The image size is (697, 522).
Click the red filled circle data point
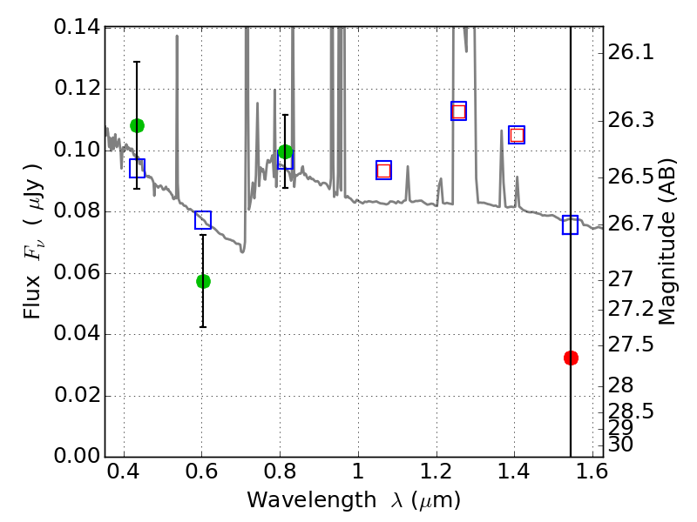click(571, 358)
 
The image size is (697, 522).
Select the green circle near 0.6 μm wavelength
click(203, 281)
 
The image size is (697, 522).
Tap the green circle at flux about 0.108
click(137, 126)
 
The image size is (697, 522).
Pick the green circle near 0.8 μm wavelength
click(285, 151)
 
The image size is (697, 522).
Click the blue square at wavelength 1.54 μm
click(570, 224)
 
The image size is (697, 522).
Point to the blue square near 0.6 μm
click(203, 220)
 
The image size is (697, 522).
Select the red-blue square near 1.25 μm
click(459, 111)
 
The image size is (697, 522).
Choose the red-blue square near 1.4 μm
click(517, 135)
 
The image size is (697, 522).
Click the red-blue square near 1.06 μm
click(383, 171)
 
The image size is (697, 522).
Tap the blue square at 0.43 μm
click(137, 168)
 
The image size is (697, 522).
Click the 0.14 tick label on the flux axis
click(78, 28)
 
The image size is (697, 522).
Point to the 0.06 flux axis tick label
click(78, 272)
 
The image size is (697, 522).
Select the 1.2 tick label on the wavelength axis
click(436, 472)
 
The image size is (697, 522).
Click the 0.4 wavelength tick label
click(123, 472)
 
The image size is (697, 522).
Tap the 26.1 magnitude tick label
click(631, 53)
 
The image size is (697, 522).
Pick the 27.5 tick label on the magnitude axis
click(631, 345)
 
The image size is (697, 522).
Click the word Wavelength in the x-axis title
click(312, 500)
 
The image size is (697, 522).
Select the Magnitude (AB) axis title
click(666, 242)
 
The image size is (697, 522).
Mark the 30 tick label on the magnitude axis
click(620, 445)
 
